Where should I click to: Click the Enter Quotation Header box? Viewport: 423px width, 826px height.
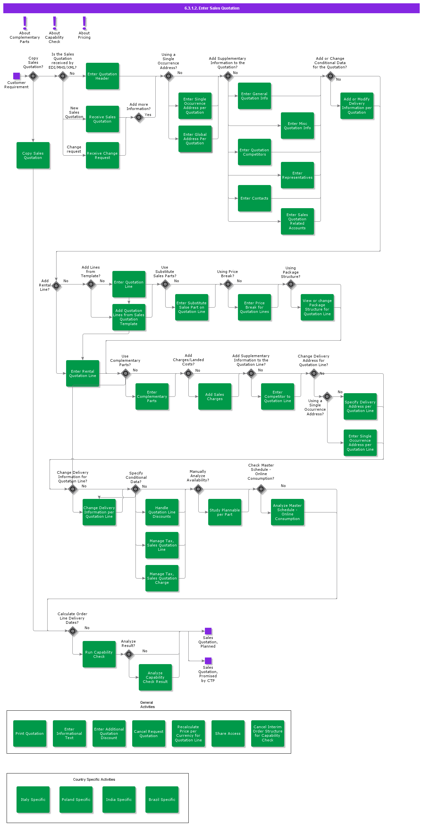[102, 76]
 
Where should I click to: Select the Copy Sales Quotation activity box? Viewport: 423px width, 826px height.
[33, 155]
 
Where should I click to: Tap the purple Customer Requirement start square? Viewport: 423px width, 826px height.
[17, 76]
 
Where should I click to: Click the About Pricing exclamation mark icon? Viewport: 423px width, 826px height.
[84, 23]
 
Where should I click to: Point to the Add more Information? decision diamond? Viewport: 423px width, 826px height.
[139, 117]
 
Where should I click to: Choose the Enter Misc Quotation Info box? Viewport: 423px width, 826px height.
[297, 126]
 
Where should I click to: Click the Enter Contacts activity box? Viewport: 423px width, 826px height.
[254, 198]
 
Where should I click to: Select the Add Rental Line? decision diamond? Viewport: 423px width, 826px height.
[56, 286]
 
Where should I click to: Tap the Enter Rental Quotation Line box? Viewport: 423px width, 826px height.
[83, 373]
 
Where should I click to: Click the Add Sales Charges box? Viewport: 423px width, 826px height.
[215, 396]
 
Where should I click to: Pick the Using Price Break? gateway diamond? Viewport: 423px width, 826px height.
[228, 284]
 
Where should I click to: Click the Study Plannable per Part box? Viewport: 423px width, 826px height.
[225, 512]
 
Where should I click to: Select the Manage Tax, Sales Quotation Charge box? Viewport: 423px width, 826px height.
[162, 578]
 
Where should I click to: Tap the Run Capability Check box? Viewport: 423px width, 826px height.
[99, 654]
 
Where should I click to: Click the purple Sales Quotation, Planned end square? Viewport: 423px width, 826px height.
[208, 631]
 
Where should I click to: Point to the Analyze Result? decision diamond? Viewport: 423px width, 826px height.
[129, 654]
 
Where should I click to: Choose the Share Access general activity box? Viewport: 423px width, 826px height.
[228, 733]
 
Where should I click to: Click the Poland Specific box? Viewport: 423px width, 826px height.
[76, 800]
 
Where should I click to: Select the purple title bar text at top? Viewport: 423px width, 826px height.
[212, 8]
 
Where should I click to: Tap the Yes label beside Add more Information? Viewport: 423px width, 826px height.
[148, 115]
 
